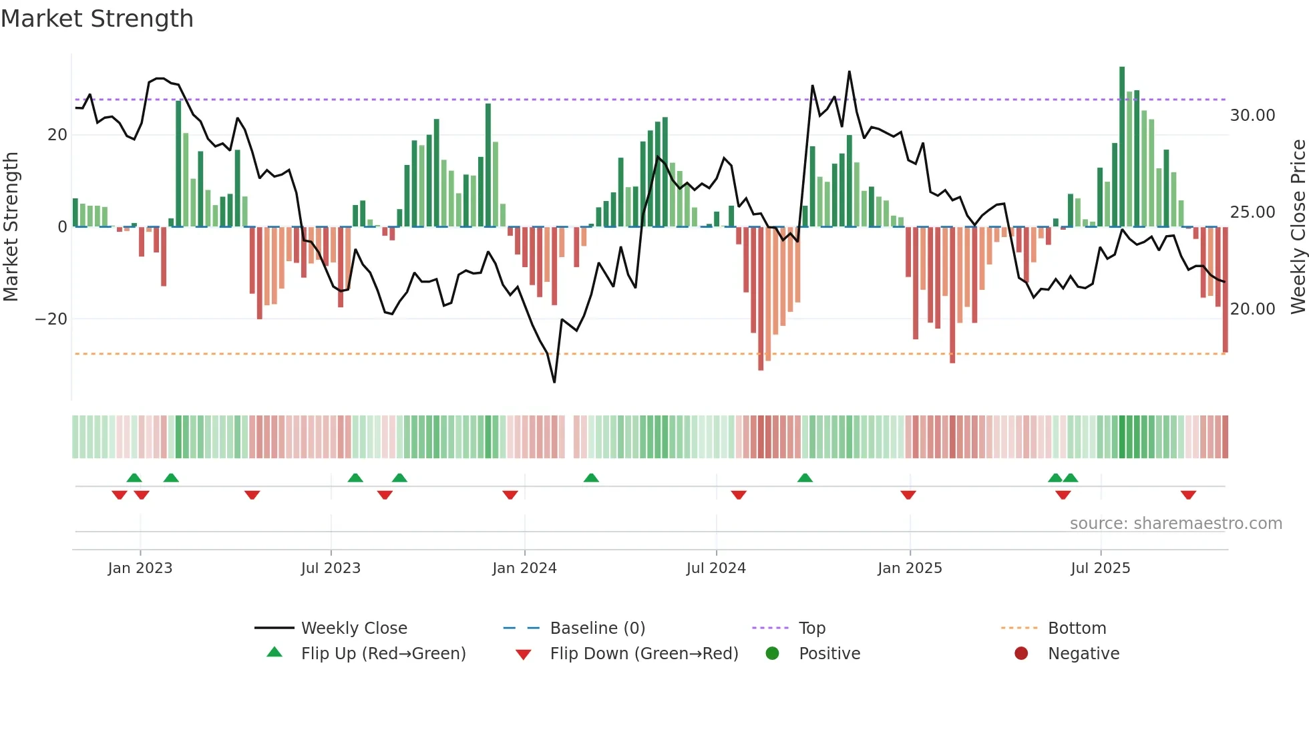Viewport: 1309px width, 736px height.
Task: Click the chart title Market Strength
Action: (x=97, y=19)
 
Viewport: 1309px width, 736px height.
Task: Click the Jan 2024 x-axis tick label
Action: (x=524, y=568)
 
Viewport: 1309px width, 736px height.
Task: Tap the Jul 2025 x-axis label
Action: (x=1100, y=568)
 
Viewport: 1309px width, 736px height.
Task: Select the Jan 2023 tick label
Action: (x=140, y=568)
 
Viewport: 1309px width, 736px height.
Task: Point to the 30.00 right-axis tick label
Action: (x=1252, y=116)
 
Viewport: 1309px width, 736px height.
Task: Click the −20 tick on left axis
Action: (x=51, y=319)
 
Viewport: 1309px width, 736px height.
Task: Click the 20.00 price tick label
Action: (x=1252, y=309)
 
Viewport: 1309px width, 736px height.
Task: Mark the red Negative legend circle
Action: (x=1021, y=653)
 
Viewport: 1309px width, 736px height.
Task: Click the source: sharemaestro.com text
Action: (x=1175, y=524)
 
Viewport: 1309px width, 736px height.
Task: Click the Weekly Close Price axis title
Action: (x=1298, y=227)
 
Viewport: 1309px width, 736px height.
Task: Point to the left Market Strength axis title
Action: (x=11, y=227)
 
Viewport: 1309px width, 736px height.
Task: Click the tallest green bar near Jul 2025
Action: (x=1122, y=147)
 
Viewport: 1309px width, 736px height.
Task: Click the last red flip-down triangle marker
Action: (x=1188, y=495)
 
